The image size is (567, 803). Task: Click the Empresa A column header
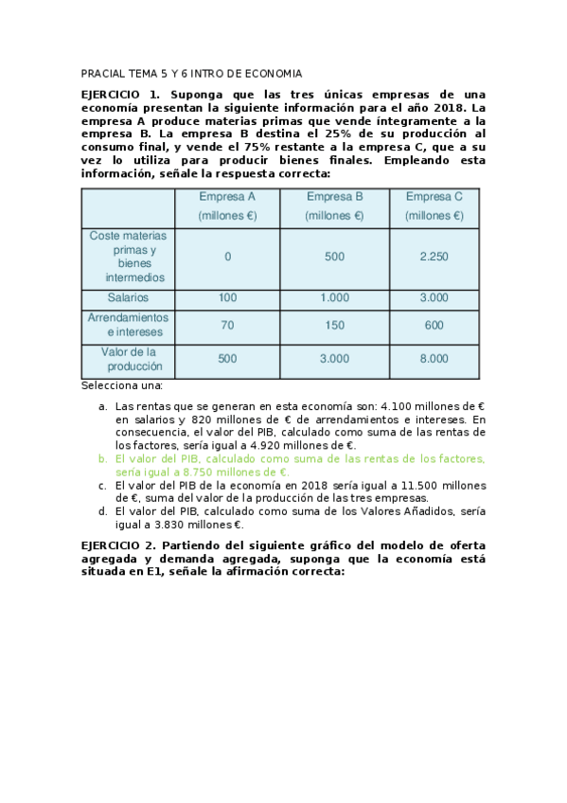pyautogui.click(x=227, y=205)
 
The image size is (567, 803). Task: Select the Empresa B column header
pyautogui.click(x=335, y=205)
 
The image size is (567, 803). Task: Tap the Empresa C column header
pyautogui.click(x=434, y=205)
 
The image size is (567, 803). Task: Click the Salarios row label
pyautogui.click(x=128, y=297)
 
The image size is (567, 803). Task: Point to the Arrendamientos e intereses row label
pyautogui.click(x=128, y=325)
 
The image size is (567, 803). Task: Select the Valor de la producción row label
pyautogui.click(x=128, y=359)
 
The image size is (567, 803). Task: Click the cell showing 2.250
pyautogui.click(x=434, y=257)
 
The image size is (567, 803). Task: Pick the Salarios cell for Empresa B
pyautogui.click(x=335, y=297)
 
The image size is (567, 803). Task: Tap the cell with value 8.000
pyautogui.click(x=434, y=359)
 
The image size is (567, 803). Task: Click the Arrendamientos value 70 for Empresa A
pyautogui.click(x=227, y=325)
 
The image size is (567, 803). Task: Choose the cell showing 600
pyautogui.click(x=434, y=325)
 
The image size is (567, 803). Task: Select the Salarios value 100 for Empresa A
pyautogui.click(x=227, y=297)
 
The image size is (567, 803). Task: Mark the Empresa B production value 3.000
pyautogui.click(x=335, y=359)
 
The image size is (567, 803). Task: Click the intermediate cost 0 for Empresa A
pyautogui.click(x=227, y=257)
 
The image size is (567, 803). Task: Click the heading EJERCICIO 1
pyautogui.click(x=122, y=96)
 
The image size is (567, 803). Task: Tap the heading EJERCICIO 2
pyautogui.click(x=122, y=546)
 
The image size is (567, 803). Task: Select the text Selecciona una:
pyautogui.click(x=122, y=385)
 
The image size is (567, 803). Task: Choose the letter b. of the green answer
pyautogui.click(x=103, y=458)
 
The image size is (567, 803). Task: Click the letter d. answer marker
pyautogui.click(x=103, y=511)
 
